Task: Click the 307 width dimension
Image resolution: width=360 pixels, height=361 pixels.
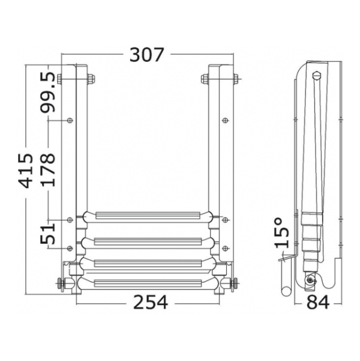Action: point(147,55)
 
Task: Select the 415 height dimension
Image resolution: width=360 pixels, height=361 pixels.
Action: point(26,171)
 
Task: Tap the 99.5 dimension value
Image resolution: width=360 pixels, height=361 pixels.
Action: point(48,92)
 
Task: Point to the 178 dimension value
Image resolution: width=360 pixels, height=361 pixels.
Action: point(48,169)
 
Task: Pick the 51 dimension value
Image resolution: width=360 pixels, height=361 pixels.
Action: point(48,234)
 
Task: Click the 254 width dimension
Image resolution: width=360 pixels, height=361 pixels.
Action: point(151,302)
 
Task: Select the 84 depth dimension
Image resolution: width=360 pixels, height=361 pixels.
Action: point(318,302)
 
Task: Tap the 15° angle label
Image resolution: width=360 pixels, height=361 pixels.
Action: point(282,233)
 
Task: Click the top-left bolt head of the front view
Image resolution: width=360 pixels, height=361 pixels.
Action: point(59,79)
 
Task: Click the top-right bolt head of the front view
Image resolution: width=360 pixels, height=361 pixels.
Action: point(236,79)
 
